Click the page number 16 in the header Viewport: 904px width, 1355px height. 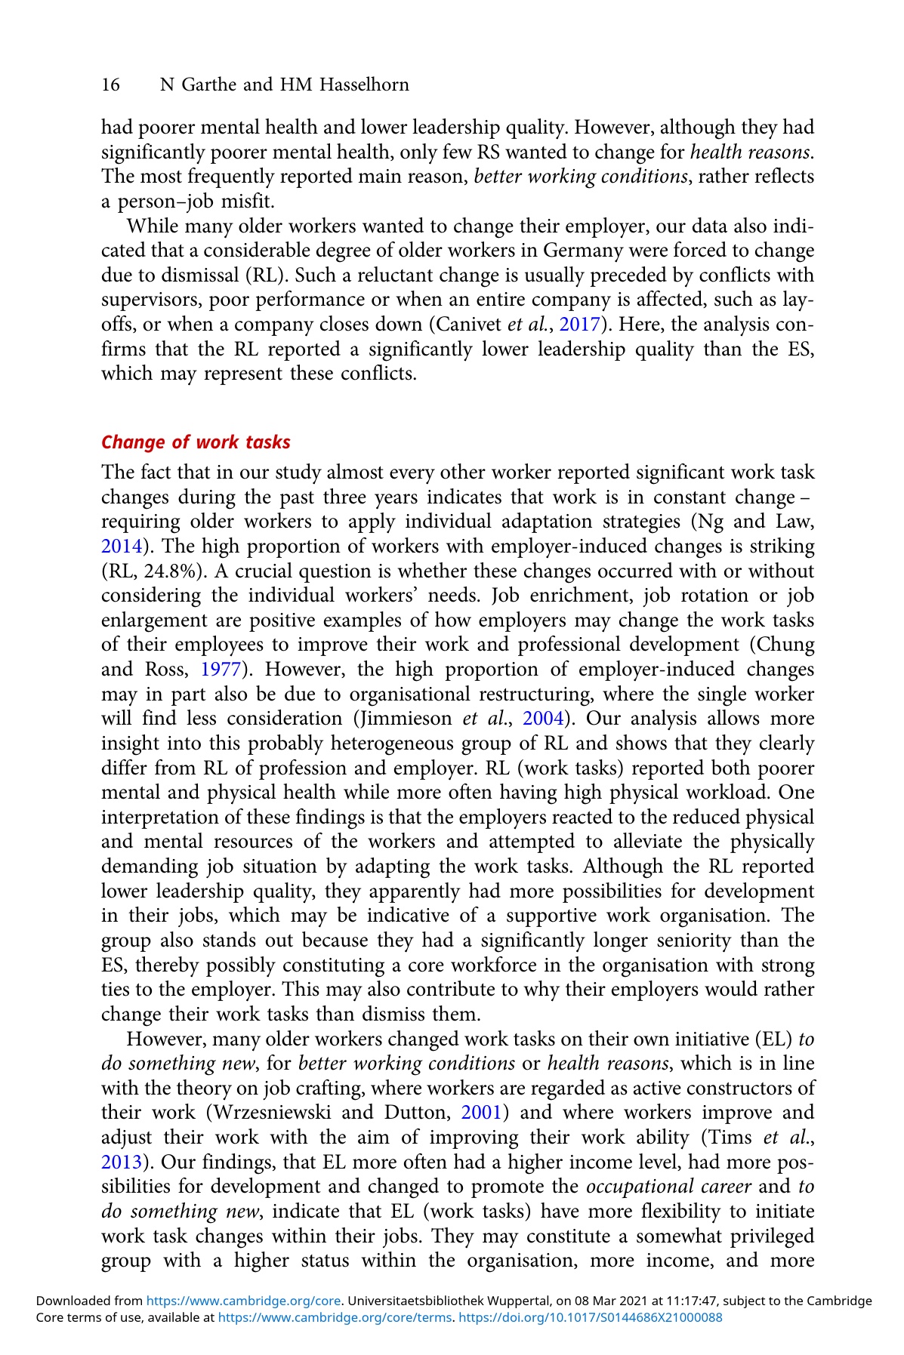[110, 85]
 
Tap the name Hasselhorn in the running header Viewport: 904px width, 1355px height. [364, 85]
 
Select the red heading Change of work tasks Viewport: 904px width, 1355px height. [196, 442]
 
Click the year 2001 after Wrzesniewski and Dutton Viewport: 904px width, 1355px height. [479, 1113]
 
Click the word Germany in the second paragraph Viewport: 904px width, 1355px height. [555, 251]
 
